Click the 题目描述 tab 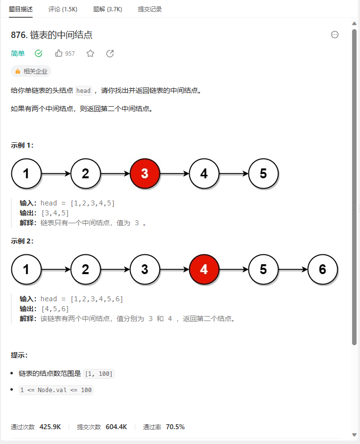tap(21, 9)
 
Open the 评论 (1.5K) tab tap(63, 9)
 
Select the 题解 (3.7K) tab tap(108, 9)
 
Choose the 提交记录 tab tap(150, 9)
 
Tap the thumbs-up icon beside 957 tap(59, 53)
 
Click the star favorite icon tap(90, 53)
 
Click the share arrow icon tap(110, 53)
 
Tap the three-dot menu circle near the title tap(335, 35)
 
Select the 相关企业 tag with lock tap(31, 71)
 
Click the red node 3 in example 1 tap(145, 173)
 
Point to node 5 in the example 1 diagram tap(263, 173)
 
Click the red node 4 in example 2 tap(204, 269)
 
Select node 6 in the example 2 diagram tap(322, 269)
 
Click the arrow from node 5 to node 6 tap(293, 270)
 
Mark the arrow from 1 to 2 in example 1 tap(56, 174)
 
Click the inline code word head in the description tap(83, 90)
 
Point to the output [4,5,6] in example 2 tap(55, 309)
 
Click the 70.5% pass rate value tap(175, 427)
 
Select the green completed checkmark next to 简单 tap(39, 53)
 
